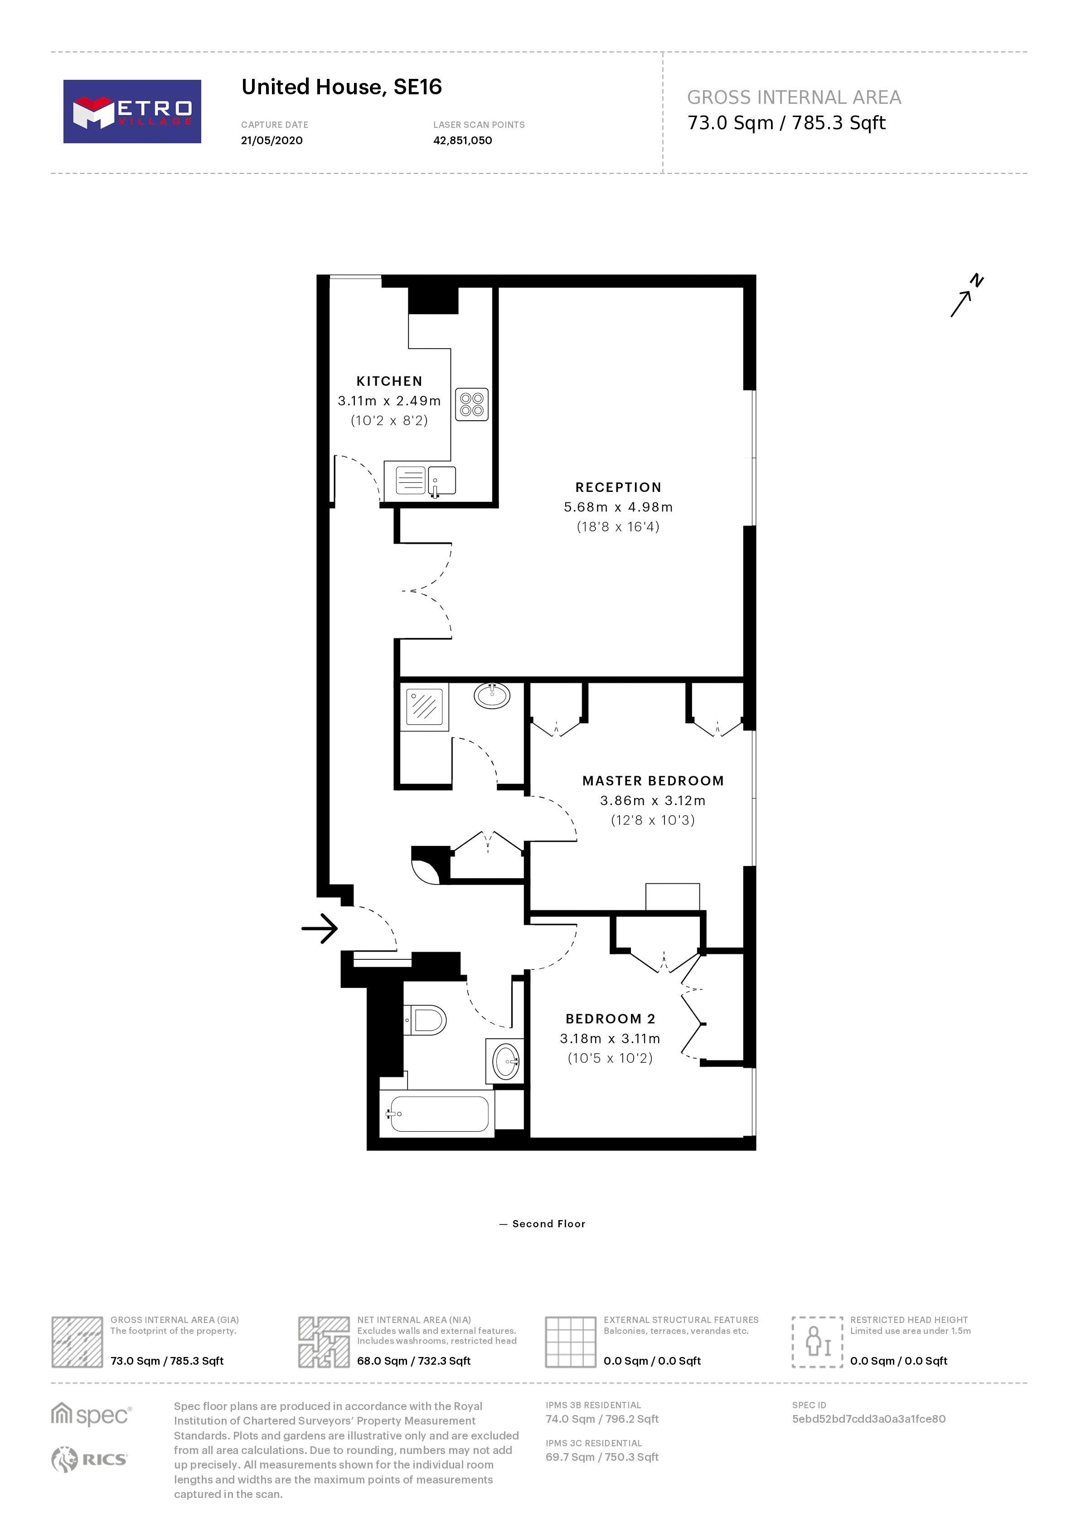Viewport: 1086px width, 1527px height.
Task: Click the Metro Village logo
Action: pyautogui.click(x=132, y=112)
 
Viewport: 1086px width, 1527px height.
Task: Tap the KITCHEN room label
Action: pyautogui.click(x=389, y=381)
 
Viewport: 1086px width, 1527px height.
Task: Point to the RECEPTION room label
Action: pyautogui.click(x=618, y=487)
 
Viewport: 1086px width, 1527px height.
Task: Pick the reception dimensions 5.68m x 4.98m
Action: pyautogui.click(x=618, y=507)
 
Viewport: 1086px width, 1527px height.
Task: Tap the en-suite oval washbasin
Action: pyautogui.click(x=491, y=695)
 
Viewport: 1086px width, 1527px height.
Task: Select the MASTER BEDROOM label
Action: pyautogui.click(x=653, y=781)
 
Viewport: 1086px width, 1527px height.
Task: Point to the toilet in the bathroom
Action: pyautogui.click(x=427, y=1021)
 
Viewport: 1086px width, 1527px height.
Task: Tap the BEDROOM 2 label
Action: pyautogui.click(x=610, y=1019)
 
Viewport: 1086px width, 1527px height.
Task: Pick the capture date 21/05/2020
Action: pyautogui.click(x=271, y=141)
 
